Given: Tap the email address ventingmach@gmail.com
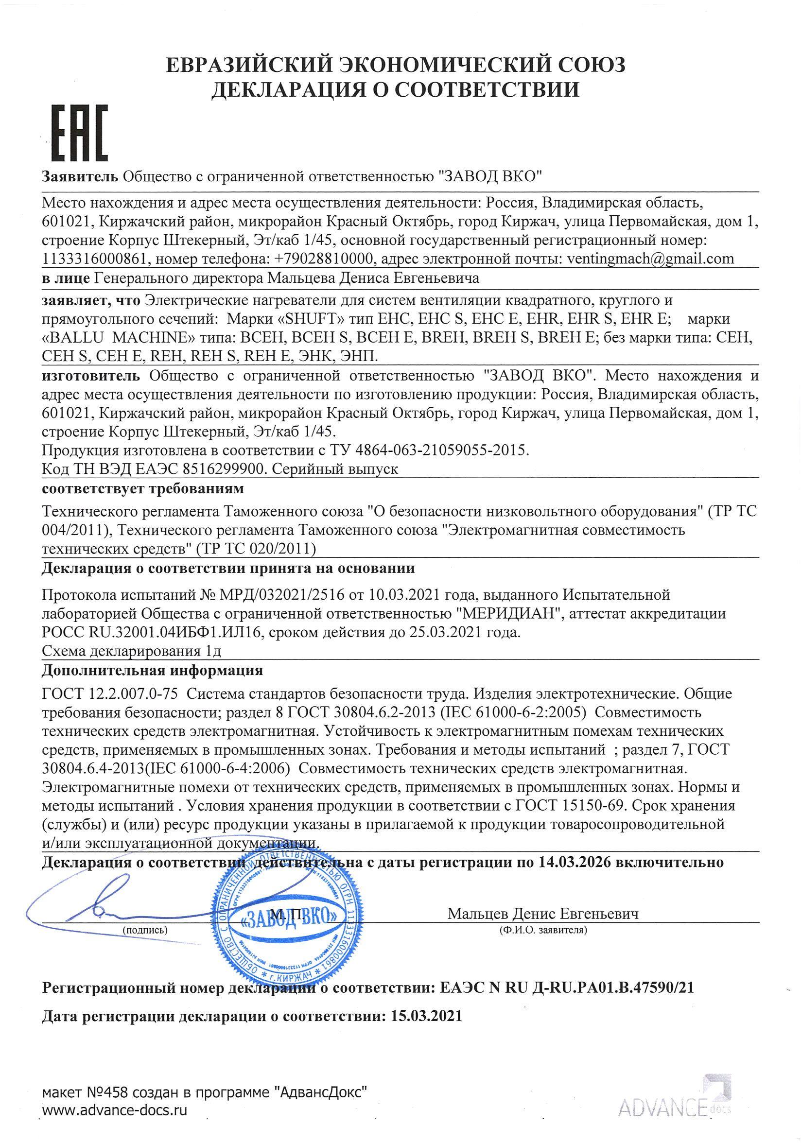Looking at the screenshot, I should point(647,259).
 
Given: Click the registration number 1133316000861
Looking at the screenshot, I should point(94,259).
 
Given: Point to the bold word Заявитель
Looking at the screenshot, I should point(80,176).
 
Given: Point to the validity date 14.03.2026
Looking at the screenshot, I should point(574,862).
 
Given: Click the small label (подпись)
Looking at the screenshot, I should point(144,930).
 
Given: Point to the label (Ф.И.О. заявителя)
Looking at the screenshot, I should point(542,930).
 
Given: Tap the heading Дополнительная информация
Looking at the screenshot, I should point(152,671).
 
